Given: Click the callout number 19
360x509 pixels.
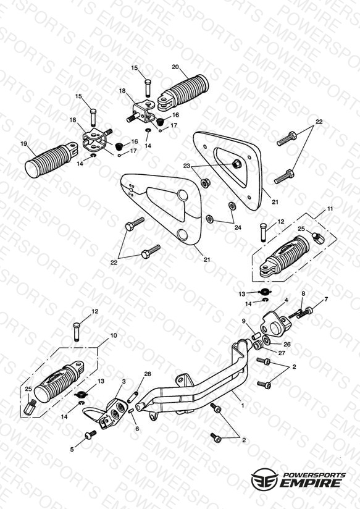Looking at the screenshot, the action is click(23, 143).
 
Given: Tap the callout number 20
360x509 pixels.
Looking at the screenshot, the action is click(175, 67).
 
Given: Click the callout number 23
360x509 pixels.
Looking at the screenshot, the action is click(186, 166).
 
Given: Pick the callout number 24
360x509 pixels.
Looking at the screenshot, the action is click(238, 227).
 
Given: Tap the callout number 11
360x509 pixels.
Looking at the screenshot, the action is click(330, 209).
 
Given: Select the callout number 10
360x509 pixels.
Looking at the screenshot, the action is click(114, 335).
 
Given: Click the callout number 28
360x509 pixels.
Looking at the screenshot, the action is click(148, 374).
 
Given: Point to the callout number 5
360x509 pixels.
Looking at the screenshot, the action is click(72, 449).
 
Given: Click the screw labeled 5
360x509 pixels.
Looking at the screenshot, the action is click(91, 435).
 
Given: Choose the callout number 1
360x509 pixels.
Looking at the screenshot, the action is click(242, 405).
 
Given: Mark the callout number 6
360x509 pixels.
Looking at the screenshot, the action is click(137, 429).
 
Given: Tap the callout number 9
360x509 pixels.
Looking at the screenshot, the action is click(244, 321).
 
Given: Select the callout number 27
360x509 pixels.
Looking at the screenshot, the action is click(282, 353).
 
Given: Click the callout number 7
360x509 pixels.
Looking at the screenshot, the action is click(326, 299).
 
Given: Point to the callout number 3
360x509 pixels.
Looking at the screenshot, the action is click(124, 381).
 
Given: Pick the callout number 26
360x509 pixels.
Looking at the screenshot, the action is click(287, 345).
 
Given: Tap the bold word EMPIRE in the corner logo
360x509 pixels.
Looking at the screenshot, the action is click(311, 482).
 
